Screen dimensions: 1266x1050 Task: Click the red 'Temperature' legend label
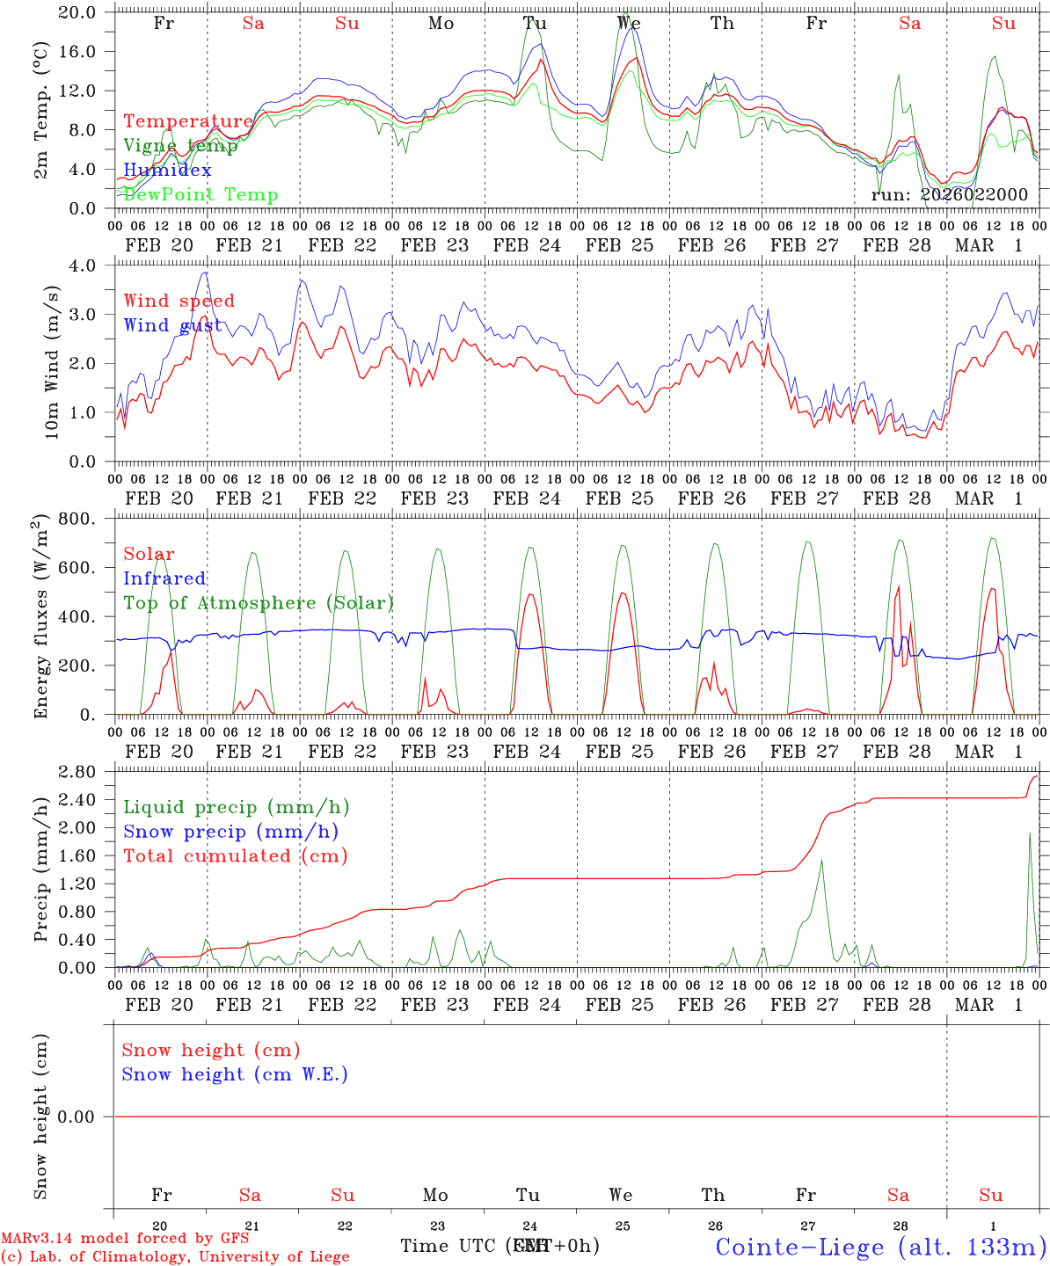click(188, 121)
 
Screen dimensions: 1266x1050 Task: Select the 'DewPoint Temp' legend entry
click(201, 194)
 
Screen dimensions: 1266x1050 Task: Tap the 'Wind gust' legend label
click(172, 325)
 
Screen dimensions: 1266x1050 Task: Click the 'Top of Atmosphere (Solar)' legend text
click(259, 603)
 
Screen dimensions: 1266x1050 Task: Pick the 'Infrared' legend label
click(164, 578)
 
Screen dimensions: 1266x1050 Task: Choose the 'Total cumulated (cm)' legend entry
click(236, 855)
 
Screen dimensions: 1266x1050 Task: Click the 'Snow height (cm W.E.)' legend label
click(235, 1074)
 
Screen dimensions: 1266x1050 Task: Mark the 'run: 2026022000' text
click(949, 194)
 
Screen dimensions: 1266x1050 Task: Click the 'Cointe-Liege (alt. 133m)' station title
click(880, 1246)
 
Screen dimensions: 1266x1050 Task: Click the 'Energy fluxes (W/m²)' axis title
click(41, 618)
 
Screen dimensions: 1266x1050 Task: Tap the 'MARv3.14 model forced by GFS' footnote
click(125, 1238)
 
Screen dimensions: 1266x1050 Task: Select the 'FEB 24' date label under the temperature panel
click(527, 245)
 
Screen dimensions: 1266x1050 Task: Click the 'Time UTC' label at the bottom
click(450, 1246)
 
